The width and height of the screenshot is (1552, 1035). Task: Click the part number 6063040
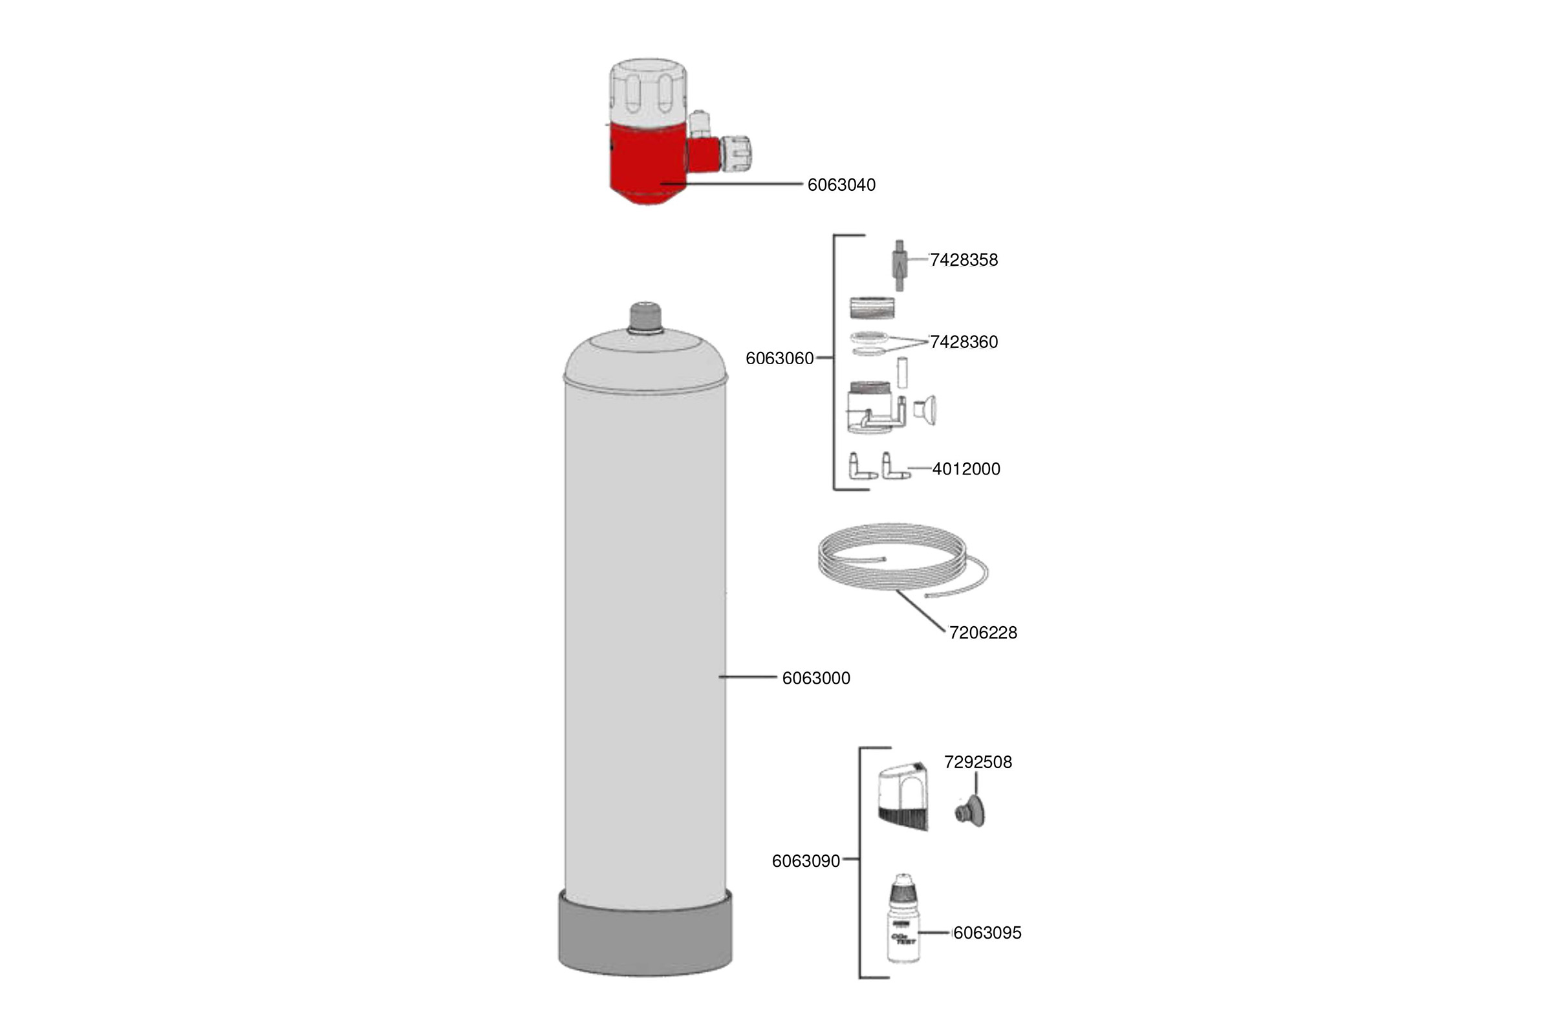point(841,185)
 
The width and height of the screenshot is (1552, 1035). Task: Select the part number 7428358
point(964,260)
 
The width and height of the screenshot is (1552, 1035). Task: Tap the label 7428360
point(964,342)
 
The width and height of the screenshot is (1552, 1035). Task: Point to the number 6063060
point(779,358)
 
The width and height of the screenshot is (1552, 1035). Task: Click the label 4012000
point(966,470)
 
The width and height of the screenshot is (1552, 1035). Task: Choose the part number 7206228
point(982,633)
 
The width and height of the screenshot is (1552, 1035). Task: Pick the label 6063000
point(815,679)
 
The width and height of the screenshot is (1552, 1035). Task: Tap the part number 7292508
point(978,763)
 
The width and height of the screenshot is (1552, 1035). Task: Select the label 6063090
point(806,862)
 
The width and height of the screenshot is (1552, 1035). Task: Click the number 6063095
point(987,933)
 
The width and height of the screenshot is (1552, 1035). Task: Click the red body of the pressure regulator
point(647,165)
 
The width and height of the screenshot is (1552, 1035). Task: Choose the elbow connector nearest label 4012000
point(894,466)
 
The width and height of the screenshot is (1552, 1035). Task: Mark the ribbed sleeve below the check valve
point(872,309)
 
